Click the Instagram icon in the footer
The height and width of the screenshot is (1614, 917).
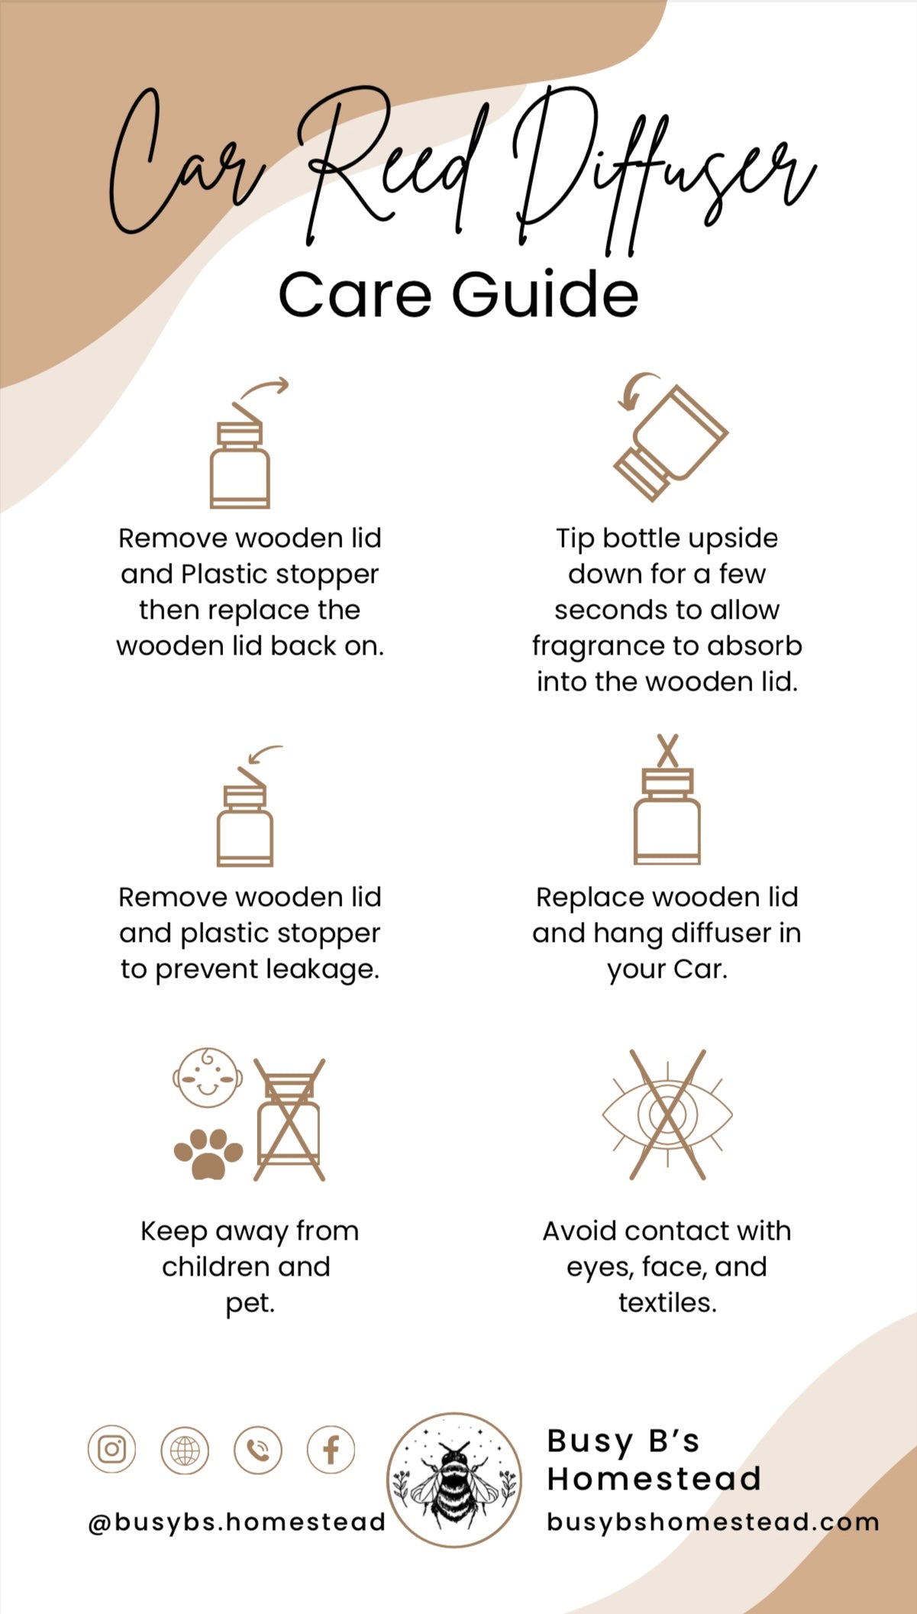(111, 1449)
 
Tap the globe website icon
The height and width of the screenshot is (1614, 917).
(185, 1449)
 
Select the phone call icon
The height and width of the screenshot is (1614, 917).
(258, 1449)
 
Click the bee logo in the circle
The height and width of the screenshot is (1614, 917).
(454, 1480)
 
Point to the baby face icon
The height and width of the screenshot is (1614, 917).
(208, 1078)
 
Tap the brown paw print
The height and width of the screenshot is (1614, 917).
(208, 1153)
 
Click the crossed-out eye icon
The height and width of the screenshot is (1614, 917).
(667, 1114)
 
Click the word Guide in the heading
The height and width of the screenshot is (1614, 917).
(545, 294)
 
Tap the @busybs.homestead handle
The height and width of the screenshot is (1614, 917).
(237, 1522)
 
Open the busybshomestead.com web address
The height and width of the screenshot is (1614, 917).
(713, 1521)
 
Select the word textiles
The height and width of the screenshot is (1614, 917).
(667, 1302)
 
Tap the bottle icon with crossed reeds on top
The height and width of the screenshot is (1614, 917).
(667, 800)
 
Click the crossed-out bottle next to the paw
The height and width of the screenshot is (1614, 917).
(289, 1119)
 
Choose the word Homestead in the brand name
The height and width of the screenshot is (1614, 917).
(654, 1480)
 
